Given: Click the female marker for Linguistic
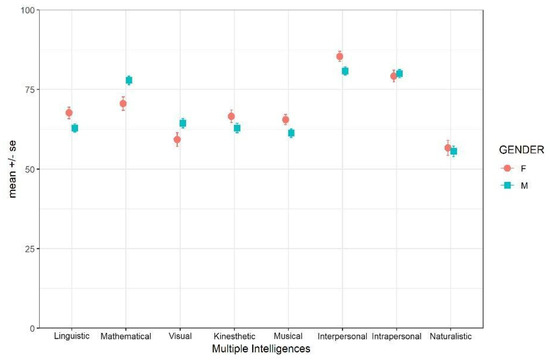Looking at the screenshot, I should [x=69, y=113].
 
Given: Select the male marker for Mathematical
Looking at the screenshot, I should [x=129, y=80].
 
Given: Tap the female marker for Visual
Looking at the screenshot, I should [x=177, y=140].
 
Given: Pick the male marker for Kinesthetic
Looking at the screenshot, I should [x=237, y=128].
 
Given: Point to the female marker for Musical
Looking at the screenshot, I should [x=285, y=120].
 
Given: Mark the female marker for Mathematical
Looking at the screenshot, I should [x=123, y=103].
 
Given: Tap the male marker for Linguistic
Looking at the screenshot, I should [x=75, y=128].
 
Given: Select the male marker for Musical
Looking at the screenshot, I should [x=291, y=133].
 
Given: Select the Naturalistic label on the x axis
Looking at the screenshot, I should [x=450, y=337].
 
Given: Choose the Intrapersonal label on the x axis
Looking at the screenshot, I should [x=396, y=337].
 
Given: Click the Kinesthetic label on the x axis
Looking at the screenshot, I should [x=234, y=337].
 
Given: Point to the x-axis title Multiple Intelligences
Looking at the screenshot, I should [x=261, y=350].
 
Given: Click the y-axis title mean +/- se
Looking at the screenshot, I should [x=12, y=169].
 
